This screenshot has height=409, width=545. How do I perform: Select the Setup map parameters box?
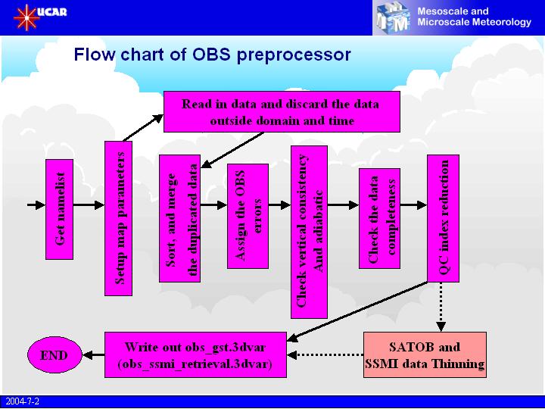117,218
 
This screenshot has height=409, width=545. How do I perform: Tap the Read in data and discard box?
270,111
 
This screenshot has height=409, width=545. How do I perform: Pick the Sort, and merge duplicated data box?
179,218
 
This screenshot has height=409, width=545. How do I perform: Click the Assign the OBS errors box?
248,214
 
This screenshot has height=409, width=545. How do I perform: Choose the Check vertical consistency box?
310,231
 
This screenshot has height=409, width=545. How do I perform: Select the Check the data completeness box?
379,217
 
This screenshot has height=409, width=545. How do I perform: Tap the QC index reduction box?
443,218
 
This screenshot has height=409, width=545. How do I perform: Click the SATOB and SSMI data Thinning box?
425,354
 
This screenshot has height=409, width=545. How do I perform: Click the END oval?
54,354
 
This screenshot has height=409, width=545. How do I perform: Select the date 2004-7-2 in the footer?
20,401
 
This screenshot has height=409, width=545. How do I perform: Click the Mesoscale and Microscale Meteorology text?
474,17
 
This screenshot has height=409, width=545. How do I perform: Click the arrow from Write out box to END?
93,354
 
